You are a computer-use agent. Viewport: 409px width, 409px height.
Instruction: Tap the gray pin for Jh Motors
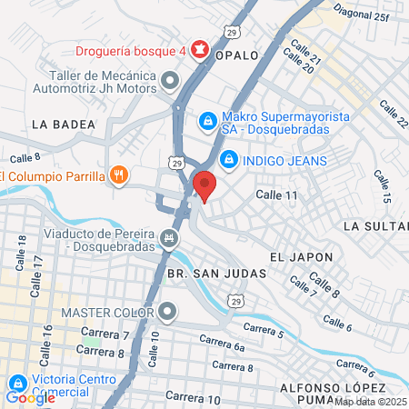[x=169, y=83]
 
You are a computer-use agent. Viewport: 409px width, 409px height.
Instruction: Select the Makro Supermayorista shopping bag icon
[x=207, y=120]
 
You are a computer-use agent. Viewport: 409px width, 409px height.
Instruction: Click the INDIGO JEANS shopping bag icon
[x=228, y=160]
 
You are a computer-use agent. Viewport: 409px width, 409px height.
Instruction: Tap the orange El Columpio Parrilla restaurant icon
[x=118, y=175]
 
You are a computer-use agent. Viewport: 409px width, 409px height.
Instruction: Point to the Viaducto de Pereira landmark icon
[x=169, y=239]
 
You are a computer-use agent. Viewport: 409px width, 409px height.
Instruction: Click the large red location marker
[x=204, y=185]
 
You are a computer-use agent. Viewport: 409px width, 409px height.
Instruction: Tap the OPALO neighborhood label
[x=238, y=55]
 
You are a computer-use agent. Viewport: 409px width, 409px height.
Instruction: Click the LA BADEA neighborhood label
[x=63, y=124]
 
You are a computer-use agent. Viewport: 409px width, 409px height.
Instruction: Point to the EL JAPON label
[x=295, y=257]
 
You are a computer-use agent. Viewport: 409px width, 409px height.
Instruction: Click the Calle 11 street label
[x=276, y=195]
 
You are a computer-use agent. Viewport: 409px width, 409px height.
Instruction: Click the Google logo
[x=31, y=397]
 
